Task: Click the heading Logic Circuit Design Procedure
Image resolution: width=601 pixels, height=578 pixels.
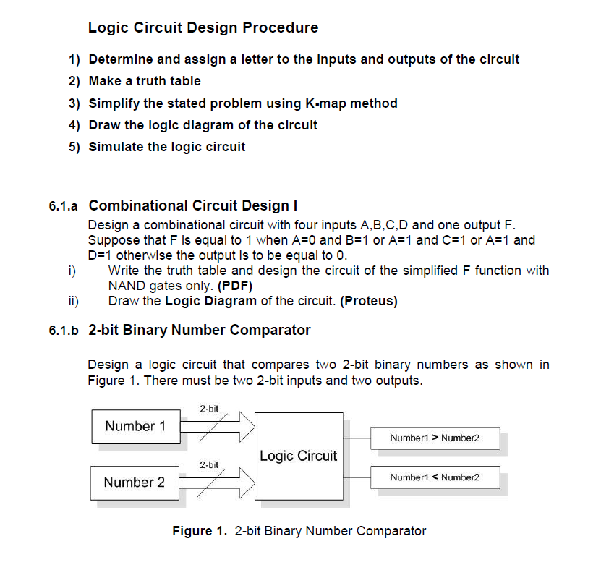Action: click(203, 28)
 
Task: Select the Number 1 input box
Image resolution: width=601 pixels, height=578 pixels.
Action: click(135, 426)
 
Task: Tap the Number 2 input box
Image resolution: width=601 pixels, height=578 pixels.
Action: click(134, 482)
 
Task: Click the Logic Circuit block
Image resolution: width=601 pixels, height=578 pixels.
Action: click(298, 456)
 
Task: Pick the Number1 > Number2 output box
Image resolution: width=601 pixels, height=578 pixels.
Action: click(434, 438)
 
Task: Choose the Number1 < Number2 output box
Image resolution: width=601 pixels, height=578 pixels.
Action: click(434, 477)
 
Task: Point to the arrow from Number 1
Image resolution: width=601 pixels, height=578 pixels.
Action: click(217, 426)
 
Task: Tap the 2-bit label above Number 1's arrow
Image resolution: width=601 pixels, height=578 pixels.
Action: click(210, 409)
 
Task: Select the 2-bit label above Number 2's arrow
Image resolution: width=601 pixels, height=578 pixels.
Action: click(210, 464)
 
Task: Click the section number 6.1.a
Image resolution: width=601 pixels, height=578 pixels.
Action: click(63, 206)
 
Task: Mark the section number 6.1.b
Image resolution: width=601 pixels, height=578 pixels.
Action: click(63, 331)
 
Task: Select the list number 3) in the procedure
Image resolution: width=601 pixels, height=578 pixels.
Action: click(74, 103)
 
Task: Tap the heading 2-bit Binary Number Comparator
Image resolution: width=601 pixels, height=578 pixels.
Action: click(200, 331)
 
